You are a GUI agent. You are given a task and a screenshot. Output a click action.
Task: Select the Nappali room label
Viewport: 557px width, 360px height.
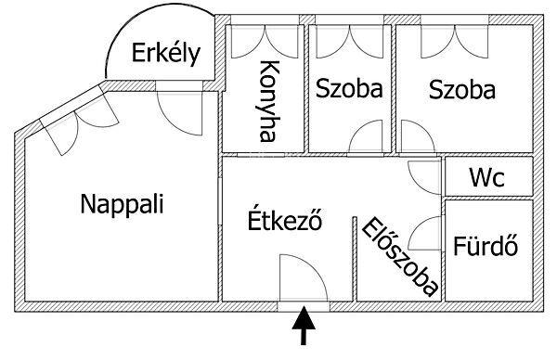[122, 203]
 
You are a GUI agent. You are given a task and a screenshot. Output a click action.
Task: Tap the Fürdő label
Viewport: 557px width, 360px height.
[486, 248]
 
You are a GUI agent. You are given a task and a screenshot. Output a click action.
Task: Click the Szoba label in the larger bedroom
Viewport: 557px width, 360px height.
[461, 90]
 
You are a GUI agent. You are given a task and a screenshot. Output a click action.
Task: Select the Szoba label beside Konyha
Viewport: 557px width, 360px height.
[349, 90]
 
